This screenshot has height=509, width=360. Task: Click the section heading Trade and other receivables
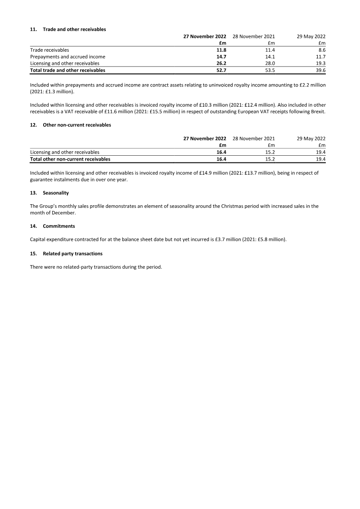[x=74, y=29]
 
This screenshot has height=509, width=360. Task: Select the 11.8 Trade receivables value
[x=221, y=50]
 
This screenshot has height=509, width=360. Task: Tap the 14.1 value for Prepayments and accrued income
[x=270, y=57]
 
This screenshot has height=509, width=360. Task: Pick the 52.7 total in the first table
[x=221, y=70]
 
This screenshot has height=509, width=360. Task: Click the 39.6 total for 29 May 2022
[x=320, y=70]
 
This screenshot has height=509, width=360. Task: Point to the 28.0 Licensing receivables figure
[x=270, y=63]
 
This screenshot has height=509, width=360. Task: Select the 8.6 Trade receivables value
[x=321, y=50]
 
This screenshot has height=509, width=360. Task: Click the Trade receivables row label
[x=49, y=50]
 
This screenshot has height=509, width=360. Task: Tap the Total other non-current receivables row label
[x=70, y=159]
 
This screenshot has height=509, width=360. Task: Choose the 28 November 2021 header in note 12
[x=253, y=138]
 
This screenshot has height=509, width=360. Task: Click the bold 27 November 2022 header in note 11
[x=205, y=36]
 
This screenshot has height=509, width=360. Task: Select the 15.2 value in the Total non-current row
[x=270, y=159]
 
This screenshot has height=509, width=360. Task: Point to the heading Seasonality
[x=56, y=193]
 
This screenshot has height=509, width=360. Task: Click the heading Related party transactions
[x=72, y=253]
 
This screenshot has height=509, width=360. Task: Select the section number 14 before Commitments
[x=33, y=226]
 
